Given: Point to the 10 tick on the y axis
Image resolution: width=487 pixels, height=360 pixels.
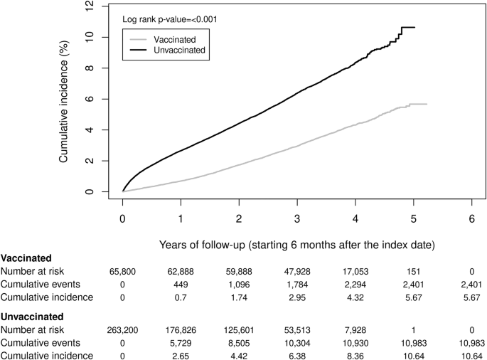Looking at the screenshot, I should point(90,37).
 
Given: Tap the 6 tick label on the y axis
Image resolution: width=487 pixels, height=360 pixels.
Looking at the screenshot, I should point(90,99).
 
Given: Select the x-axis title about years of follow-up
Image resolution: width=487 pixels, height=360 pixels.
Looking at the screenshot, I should point(297,244).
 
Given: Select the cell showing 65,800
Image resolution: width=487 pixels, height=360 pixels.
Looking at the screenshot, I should point(122,271).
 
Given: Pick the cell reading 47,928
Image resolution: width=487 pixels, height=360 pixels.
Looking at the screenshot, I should point(297,271).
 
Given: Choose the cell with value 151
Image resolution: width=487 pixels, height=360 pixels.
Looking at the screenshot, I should point(413,271).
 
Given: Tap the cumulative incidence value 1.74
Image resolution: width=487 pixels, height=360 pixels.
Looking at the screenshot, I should point(239,297).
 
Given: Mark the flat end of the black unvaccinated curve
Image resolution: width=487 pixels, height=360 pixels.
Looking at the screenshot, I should point(409,27).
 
